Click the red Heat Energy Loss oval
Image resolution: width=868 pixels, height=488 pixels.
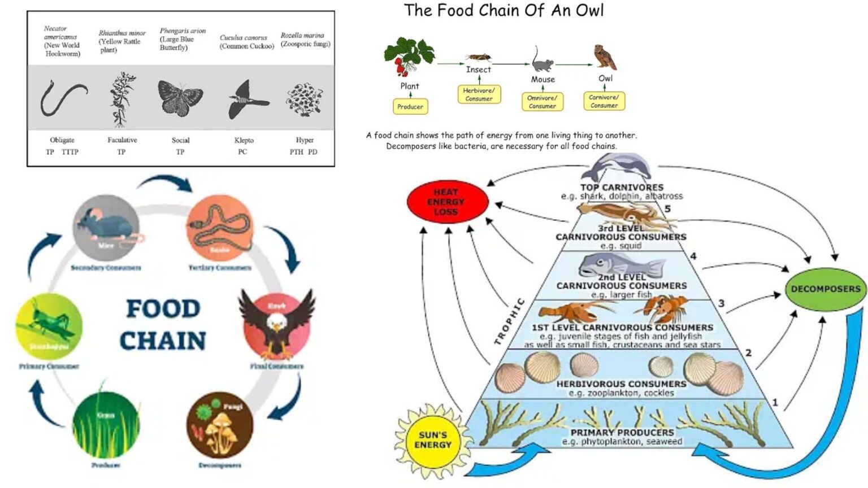(446, 202)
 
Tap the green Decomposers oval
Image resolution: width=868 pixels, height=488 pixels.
(825, 289)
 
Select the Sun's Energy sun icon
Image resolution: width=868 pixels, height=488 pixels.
(433, 440)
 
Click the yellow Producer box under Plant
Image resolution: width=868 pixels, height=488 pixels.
(410, 106)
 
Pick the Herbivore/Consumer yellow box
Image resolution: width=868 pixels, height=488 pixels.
(479, 94)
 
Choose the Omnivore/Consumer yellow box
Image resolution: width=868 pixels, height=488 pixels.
(542, 102)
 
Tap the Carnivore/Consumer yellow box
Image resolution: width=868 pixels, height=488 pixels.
(604, 101)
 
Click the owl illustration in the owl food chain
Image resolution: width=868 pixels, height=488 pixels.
(605, 58)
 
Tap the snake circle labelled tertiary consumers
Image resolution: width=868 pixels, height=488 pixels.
(219, 228)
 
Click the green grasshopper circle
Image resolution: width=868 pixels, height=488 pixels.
(49, 326)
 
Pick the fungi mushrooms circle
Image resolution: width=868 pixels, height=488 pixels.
(220, 425)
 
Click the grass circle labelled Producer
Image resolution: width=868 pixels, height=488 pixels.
(106, 425)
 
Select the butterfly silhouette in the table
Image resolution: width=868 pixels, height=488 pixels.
(180, 97)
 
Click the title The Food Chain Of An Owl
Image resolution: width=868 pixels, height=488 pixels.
(504, 10)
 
